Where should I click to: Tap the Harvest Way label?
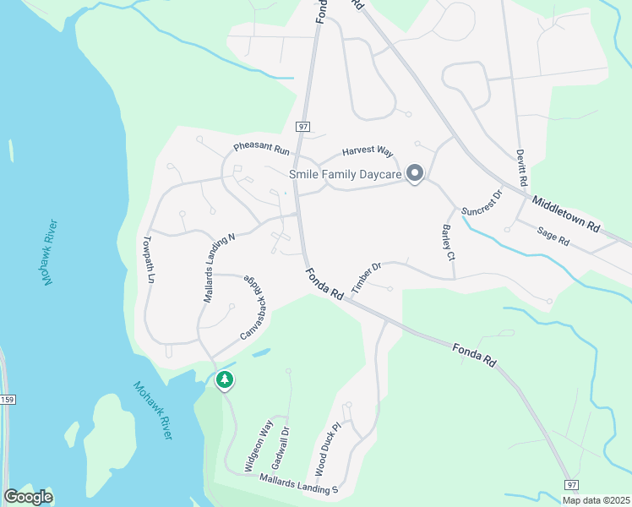368,152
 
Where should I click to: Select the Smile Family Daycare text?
345,175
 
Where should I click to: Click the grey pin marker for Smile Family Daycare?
415,174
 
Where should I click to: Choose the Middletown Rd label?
565,213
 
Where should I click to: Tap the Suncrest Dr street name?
482,203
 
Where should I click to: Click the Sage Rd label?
553,236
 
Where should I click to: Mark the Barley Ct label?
449,243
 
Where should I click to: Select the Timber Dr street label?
367,276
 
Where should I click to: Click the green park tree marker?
224,380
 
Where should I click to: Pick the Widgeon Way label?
259,444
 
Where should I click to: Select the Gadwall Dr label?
281,449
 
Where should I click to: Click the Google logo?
28,496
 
